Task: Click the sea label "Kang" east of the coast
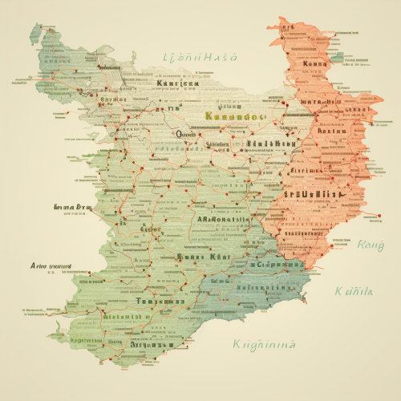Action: (371, 245)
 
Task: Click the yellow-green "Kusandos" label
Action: (235, 116)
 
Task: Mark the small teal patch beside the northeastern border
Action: (340, 58)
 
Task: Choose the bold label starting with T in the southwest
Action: (157, 301)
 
